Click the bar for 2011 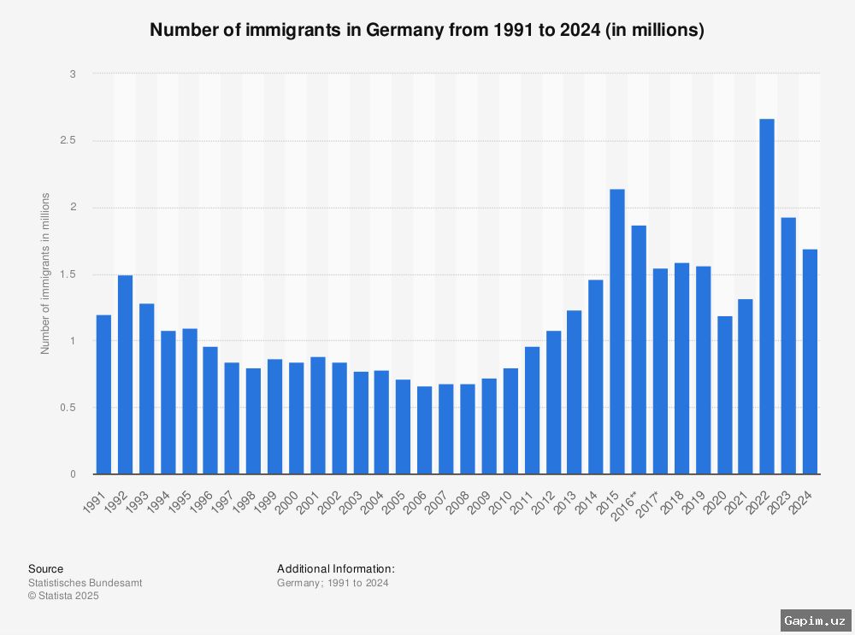532,410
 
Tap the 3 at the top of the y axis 73,74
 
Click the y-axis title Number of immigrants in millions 45,273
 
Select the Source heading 45,568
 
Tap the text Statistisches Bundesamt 85,583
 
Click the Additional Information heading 336,568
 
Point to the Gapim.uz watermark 814,620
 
